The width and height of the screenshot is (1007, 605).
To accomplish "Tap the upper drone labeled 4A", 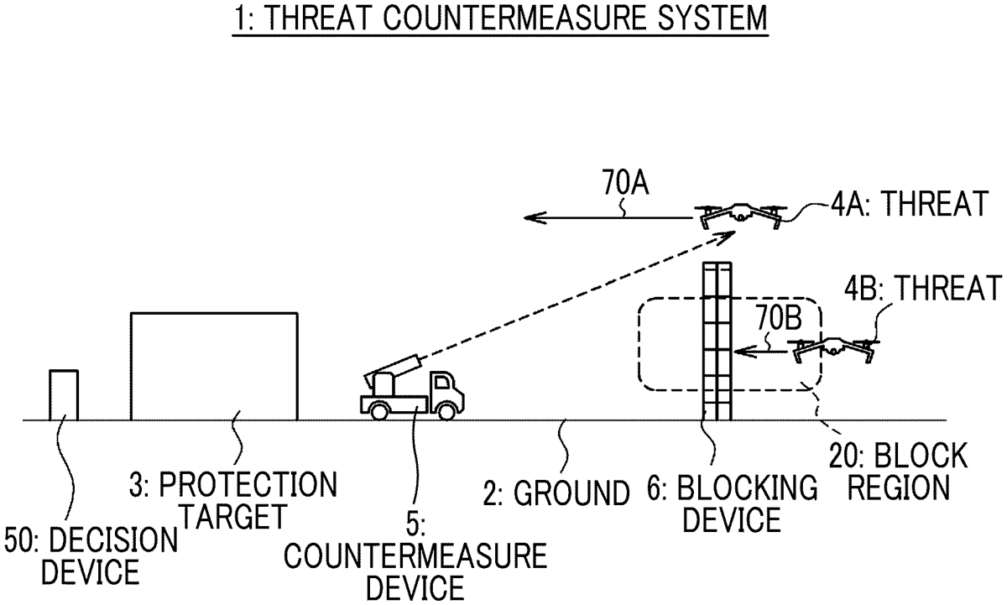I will pyautogui.click(x=739, y=215).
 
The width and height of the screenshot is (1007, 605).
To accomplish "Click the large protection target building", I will pyautogui.click(x=214, y=366).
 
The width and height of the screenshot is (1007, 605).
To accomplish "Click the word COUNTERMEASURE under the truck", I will pyautogui.click(x=416, y=555).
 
